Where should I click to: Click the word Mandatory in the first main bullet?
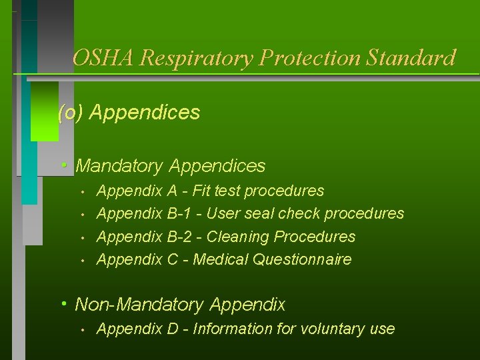[x=121, y=166]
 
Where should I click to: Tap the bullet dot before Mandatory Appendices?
[x=63, y=165]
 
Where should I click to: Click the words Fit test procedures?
[x=258, y=191]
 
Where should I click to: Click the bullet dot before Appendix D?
[x=81, y=329]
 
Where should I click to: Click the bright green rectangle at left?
[x=44, y=111]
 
